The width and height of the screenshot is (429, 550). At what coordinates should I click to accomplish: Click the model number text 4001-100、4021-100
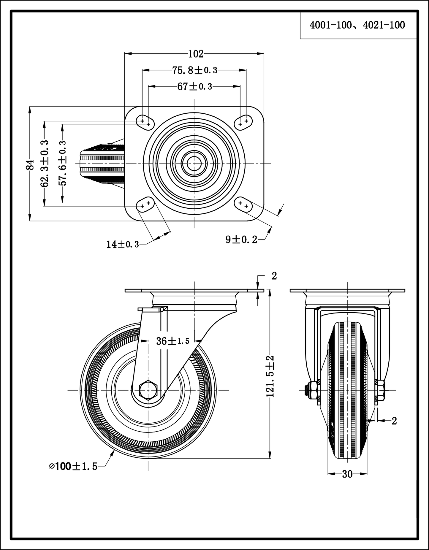(357, 25)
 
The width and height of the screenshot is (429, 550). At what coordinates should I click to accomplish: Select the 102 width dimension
(196, 54)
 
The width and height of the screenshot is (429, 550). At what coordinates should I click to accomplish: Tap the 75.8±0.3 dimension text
(195, 70)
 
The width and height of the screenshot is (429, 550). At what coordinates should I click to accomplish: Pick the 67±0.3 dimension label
(195, 87)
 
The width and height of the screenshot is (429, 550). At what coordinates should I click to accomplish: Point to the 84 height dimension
(30, 165)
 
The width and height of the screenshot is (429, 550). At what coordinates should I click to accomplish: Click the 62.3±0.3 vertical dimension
(45, 164)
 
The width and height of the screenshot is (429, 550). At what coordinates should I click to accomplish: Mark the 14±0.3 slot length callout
(123, 244)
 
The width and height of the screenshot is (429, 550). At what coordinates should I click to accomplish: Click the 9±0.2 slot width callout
(241, 239)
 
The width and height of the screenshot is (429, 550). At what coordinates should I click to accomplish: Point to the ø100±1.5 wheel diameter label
(73, 466)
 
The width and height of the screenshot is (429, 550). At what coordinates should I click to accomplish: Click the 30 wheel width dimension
(347, 474)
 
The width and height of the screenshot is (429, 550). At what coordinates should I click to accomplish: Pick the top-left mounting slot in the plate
(145, 122)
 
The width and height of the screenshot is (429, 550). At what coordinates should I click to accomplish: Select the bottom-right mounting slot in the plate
(243, 205)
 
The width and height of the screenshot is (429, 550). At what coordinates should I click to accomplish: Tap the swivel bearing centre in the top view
(194, 163)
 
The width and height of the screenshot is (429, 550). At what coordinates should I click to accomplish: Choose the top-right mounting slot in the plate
(243, 122)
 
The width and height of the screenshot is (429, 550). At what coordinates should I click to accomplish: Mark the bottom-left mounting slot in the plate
(145, 205)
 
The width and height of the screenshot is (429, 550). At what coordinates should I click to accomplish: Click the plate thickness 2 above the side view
(274, 276)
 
